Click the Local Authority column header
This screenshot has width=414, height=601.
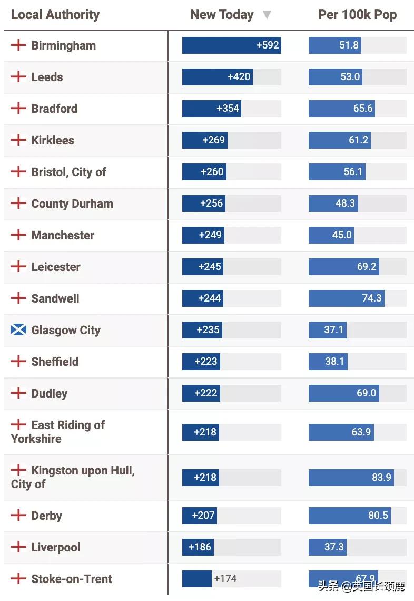(55, 15)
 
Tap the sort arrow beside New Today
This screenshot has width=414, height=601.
(267, 15)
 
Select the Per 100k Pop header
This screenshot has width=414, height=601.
(357, 15)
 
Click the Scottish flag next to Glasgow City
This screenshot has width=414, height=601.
(18, 330)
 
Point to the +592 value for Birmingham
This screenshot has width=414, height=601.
(268, 45)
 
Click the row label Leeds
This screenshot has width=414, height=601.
(47, 77)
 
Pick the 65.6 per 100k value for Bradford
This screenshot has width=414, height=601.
(363, 109)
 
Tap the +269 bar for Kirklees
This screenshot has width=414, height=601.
(205, 140)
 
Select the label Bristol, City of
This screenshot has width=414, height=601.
(68, 172)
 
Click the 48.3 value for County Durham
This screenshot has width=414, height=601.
(345, 203)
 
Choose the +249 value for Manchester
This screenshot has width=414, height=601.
(210, 235)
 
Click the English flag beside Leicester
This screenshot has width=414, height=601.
(18, 267)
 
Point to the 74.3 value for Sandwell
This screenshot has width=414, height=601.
(371, 298)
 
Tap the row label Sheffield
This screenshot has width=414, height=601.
(55, 362)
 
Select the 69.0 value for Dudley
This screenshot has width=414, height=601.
(367, 393)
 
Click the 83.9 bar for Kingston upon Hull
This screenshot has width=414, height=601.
(351, 478)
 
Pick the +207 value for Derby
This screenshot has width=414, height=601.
(203, 516)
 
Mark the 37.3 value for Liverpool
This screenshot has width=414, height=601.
(334, 547)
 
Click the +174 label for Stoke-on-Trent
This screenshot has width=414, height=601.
(225, 579)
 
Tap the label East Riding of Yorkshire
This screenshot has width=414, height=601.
(58, 432)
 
